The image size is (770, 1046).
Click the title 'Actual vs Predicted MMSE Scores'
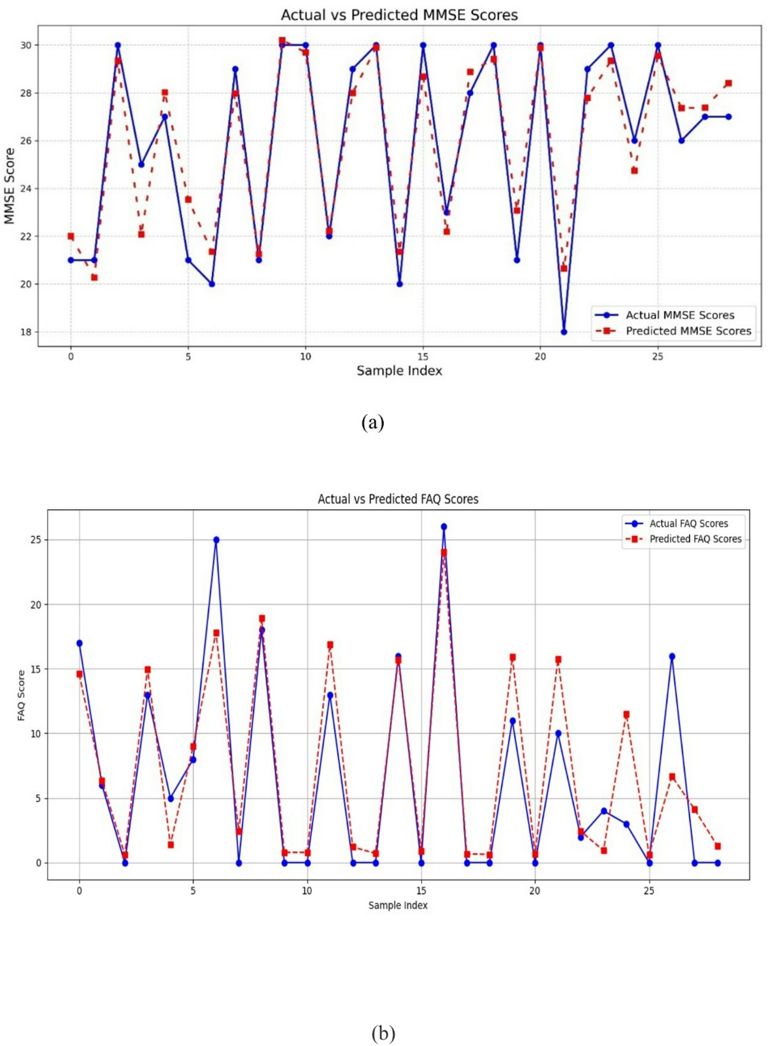point(399,15)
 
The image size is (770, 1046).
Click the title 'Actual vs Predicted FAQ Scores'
point(398,499)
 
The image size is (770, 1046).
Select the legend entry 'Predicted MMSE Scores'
point(688,331)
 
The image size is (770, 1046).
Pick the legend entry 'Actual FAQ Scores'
point(688,523)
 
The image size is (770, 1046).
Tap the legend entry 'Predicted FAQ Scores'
point(695,539)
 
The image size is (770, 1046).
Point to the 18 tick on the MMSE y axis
point(26,332)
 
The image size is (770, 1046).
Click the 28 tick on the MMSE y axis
point(26,93)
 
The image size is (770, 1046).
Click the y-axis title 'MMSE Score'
point(10,186)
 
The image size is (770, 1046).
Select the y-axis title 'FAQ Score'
point(21,695)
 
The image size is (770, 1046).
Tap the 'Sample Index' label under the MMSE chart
point(399,371)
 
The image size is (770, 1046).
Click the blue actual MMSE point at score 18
point(564,332)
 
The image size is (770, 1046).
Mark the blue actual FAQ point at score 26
point(444,527)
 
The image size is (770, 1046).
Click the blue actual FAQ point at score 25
point(216,540)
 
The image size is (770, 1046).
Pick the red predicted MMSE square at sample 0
point(71,236)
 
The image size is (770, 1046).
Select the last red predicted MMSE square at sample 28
point(728,83)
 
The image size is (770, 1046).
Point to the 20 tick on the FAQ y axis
point(36,604)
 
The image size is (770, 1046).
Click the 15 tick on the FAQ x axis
point(421,891)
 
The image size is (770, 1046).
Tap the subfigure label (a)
point(372,422)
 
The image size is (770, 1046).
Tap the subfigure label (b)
point(383,1033)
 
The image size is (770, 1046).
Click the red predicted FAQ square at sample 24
point(626,714)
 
